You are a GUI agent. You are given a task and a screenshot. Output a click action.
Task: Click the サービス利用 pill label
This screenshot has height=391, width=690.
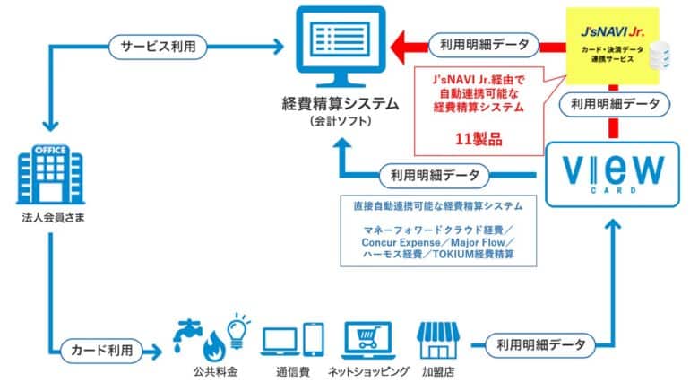point(158,48)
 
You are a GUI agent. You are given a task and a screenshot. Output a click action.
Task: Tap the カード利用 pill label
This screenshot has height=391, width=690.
point(101,351)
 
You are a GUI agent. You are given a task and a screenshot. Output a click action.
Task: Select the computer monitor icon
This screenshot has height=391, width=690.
point(341,47)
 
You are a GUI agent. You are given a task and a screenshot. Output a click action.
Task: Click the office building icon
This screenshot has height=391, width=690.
point(50,174)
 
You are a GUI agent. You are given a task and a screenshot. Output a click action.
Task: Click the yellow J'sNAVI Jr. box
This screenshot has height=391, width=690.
point(613,46)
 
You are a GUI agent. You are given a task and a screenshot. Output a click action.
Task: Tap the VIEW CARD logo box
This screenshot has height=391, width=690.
point(612,174)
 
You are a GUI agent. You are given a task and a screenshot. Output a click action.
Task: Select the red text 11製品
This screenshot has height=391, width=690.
point(479,140)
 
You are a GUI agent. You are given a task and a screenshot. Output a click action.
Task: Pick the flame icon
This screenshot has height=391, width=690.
point(214,345)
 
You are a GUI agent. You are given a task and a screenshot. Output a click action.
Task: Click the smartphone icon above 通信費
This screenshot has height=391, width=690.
point(314,340)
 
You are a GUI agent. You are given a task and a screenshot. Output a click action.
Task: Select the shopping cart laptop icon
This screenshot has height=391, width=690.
point(368,341)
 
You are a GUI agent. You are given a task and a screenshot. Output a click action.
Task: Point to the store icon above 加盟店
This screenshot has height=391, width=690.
point(438,341)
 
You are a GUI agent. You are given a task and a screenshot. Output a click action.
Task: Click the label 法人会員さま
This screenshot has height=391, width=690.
point(53,218)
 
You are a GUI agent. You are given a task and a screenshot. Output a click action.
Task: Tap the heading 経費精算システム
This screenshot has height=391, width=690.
point(341,104)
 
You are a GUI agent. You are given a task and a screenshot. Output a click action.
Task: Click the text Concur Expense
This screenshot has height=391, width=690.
point(401,243)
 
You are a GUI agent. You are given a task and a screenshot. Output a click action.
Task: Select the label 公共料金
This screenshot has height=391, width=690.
point(215,371)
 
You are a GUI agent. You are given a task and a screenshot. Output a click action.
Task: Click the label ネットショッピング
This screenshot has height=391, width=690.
point(368,371)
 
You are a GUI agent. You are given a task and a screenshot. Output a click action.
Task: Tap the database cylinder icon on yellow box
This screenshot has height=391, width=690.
point(660,56)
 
